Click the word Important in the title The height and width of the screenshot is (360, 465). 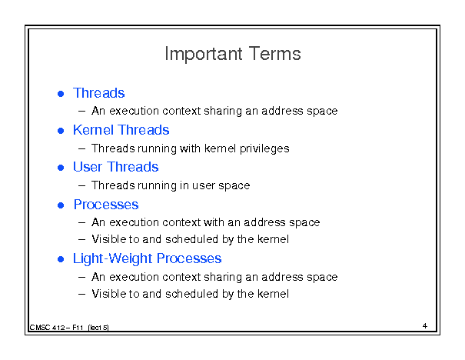pos(204,55)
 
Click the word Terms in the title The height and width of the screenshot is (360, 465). pos(275,54)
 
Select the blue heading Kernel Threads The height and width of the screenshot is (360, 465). pos(121,130)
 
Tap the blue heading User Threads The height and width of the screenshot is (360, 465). pos(115,167)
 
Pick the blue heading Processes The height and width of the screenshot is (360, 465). pos(106,205)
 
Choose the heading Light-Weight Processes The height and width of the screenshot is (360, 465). pos(147,258)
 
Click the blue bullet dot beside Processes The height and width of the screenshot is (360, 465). pos(61,205)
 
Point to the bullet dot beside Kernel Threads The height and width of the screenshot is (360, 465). pos(61,131)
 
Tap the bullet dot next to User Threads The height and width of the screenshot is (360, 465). pos(61,168)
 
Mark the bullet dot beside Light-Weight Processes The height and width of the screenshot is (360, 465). pos(61,259)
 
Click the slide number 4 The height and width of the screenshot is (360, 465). pos(425,326)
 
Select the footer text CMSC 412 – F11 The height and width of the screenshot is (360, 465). pos(56,328)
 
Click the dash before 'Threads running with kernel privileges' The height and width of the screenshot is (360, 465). pos(81,148)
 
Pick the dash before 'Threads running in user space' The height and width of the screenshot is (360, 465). pos(81,186)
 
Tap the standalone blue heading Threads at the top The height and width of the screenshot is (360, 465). pos(98,93)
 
